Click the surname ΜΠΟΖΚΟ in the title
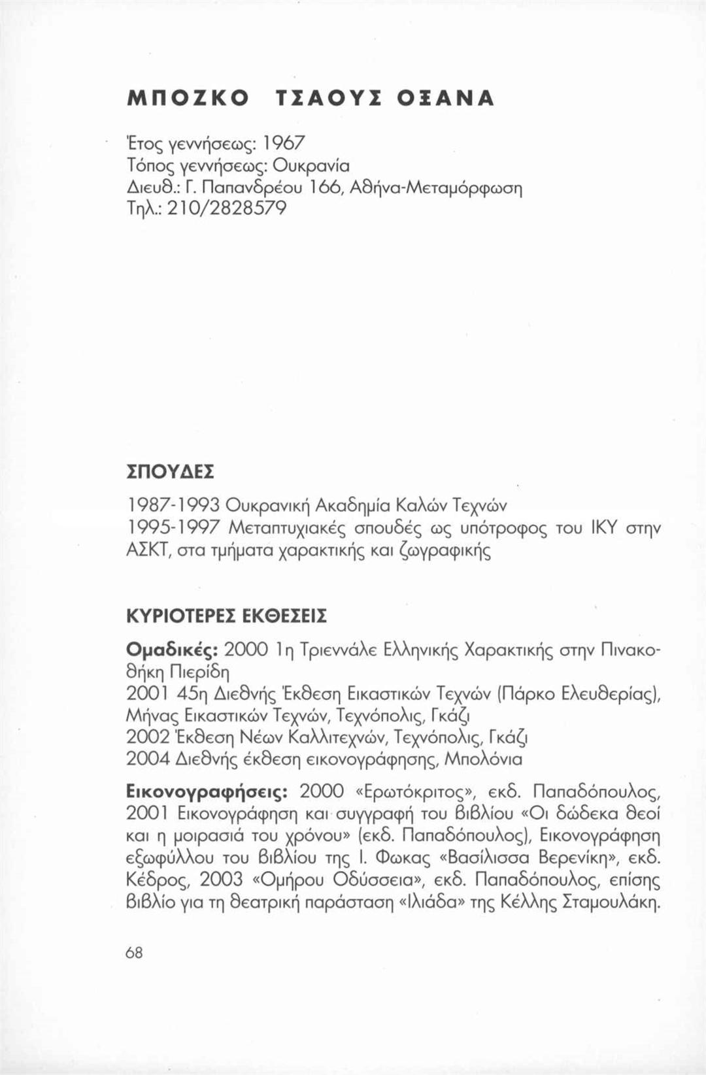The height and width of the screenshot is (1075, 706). pos(186,97)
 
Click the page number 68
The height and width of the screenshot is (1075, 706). pos(134,953)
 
